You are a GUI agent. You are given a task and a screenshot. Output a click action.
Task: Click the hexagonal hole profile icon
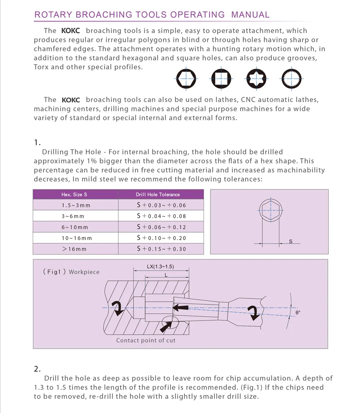pyautogui.click(x=187, y=79)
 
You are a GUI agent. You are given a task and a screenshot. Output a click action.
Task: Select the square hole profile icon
pyautogui.click(x=221, y=79)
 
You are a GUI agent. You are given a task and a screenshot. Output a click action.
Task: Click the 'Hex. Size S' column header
pyautogui.click(x=74, y=194)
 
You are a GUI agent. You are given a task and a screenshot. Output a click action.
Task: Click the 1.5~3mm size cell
pyautogui.click(x=76, y=205)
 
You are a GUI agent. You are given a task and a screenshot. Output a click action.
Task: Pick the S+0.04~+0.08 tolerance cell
pyautogui.click(x=161, y=216)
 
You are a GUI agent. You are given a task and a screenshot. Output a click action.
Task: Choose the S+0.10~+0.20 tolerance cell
pyautogui.click(x=161, y=238)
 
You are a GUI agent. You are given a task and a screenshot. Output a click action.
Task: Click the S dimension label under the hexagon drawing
pyautogui.click(x=291, y=240)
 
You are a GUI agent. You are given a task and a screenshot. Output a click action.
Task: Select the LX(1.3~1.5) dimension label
pyautogui.click(x=161, y=267)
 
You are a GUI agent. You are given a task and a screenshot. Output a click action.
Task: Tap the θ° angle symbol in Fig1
pyautogui.click(x=298, y=312)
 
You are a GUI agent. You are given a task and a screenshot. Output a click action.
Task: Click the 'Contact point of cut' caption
pyautogui.click(x=146, y=340)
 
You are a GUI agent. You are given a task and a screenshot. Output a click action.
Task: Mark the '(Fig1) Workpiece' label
pyautogui.click(x=71, y=272)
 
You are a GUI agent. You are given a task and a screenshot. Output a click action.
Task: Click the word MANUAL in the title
pyautogui.click(x=250, y=14)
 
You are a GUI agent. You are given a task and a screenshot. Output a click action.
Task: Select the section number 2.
pyautogui.click(x=37, y=369)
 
